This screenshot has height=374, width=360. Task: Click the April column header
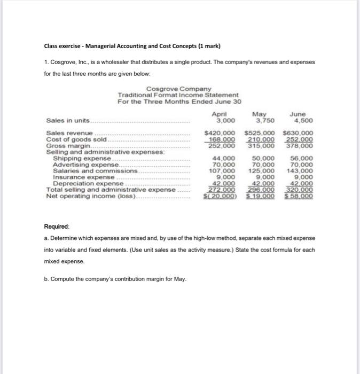[x=220, y=114]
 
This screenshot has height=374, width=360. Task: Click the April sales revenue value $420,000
[x=221, y=133]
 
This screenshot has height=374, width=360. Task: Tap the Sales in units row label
[x=68, y=120]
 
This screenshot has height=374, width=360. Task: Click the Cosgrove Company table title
[x=178, y=89]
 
